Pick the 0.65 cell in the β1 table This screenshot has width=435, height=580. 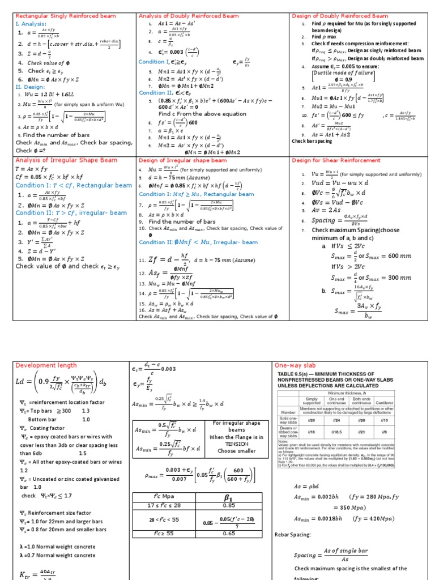pyautogui.click(x=229, y=532)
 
